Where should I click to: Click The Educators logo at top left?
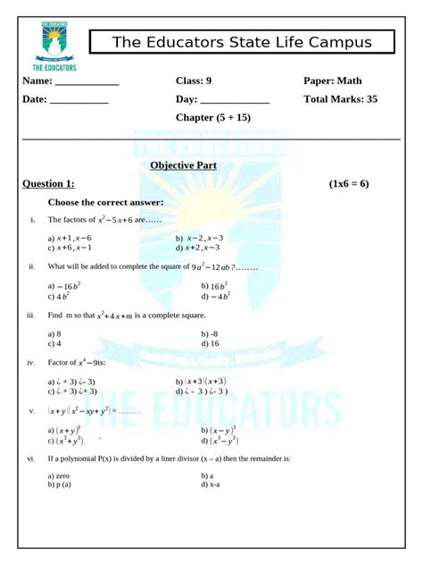(54, 45)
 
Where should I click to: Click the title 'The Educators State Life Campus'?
(241, 43)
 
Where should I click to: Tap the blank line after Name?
(87, 83)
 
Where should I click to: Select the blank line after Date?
(79, 102)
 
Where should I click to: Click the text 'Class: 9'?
(194, 81)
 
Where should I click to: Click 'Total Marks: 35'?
(340, 99)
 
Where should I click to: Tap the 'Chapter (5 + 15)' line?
(213, 118)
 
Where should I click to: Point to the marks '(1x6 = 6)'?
(348, 183)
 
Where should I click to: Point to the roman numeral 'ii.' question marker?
(31, 266)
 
